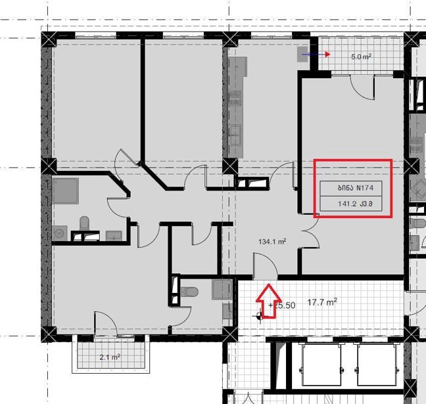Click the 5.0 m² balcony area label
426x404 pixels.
coord(361,56)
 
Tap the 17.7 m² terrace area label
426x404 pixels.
coord(322,302)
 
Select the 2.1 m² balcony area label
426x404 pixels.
coord(110,357)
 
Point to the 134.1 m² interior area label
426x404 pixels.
coord(272,241)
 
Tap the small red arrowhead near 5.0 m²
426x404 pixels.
coord(327,55)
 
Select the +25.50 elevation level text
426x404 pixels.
coord(282,305)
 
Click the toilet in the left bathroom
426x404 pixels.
coord(85,223)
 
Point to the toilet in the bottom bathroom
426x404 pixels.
coord(189,292)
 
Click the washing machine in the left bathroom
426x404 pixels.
coord(59,233)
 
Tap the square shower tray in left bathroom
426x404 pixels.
coord(65,191)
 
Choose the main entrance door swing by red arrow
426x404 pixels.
coord(265,266)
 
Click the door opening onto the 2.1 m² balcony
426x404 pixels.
coord(106,324)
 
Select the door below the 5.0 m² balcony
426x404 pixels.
coord(363,87)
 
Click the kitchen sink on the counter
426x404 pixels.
coord(234,135)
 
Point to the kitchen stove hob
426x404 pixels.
coord(235,98)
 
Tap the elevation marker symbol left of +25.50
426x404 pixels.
coord(259,316)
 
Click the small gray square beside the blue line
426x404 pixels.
coord(302,55)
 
